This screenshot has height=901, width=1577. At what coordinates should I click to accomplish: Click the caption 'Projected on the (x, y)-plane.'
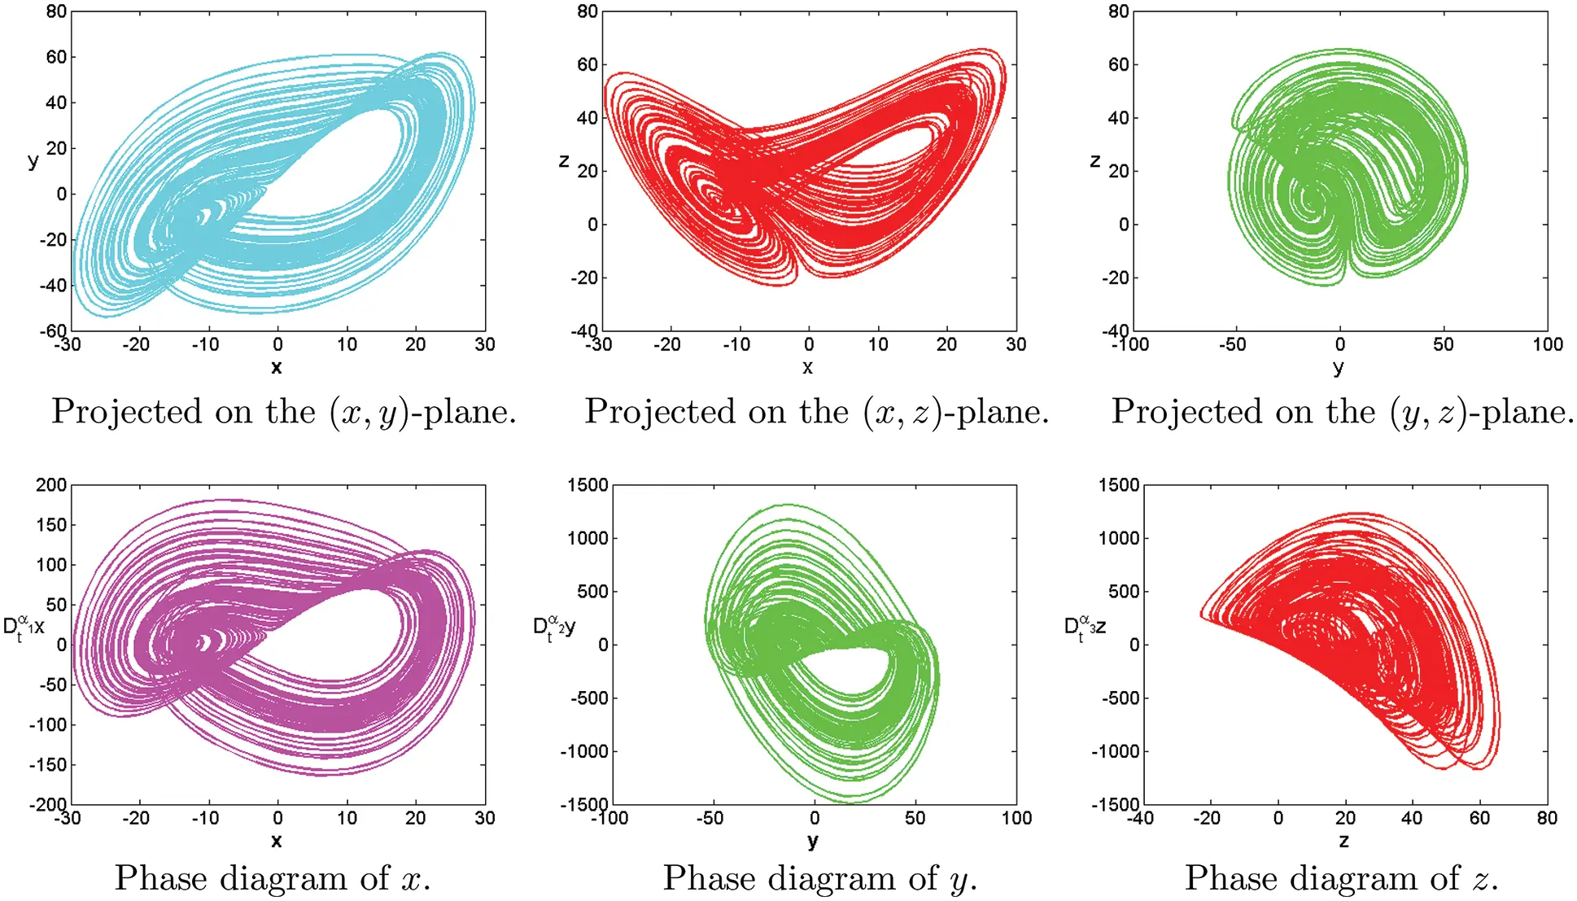[x=284, y=412]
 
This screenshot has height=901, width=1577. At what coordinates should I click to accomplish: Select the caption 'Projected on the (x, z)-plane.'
[x=816, y=412]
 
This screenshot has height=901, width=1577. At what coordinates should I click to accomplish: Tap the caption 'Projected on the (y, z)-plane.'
[x=1342, y=412]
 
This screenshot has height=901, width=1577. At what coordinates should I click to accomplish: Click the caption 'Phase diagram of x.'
[x=273, y=878]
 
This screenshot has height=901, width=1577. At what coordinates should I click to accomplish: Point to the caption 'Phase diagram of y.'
[x=819, y=878]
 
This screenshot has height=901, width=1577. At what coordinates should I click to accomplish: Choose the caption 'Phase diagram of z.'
[x=1341, y=878]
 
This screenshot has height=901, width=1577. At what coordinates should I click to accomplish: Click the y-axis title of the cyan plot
[x=33, y=160]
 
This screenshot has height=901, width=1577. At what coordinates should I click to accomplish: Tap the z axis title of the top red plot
[x=563, y=161]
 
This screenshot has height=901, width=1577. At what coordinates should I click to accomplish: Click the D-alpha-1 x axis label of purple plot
[x=24, y=628]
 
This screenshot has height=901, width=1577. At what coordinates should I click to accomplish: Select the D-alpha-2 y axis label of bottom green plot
[x=554, y=628]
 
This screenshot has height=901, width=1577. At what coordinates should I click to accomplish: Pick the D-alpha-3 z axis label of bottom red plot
[x=1086, y=628]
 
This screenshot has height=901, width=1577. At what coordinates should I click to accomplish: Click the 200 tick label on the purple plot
[x=51, y=485]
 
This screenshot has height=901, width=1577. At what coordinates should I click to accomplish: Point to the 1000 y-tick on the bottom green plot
[x=588, y=538]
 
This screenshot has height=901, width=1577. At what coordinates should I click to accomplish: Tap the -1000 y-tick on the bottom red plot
[x=1116, y=751]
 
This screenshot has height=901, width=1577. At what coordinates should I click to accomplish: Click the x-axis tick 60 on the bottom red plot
[x=1479, y=818]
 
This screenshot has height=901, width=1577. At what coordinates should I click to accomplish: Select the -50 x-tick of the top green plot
[x=1232, y=344]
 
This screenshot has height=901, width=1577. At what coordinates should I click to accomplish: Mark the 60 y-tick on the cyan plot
[x=56, y=57]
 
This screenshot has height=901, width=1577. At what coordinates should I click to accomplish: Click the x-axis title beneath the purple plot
[x=277, y=841]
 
